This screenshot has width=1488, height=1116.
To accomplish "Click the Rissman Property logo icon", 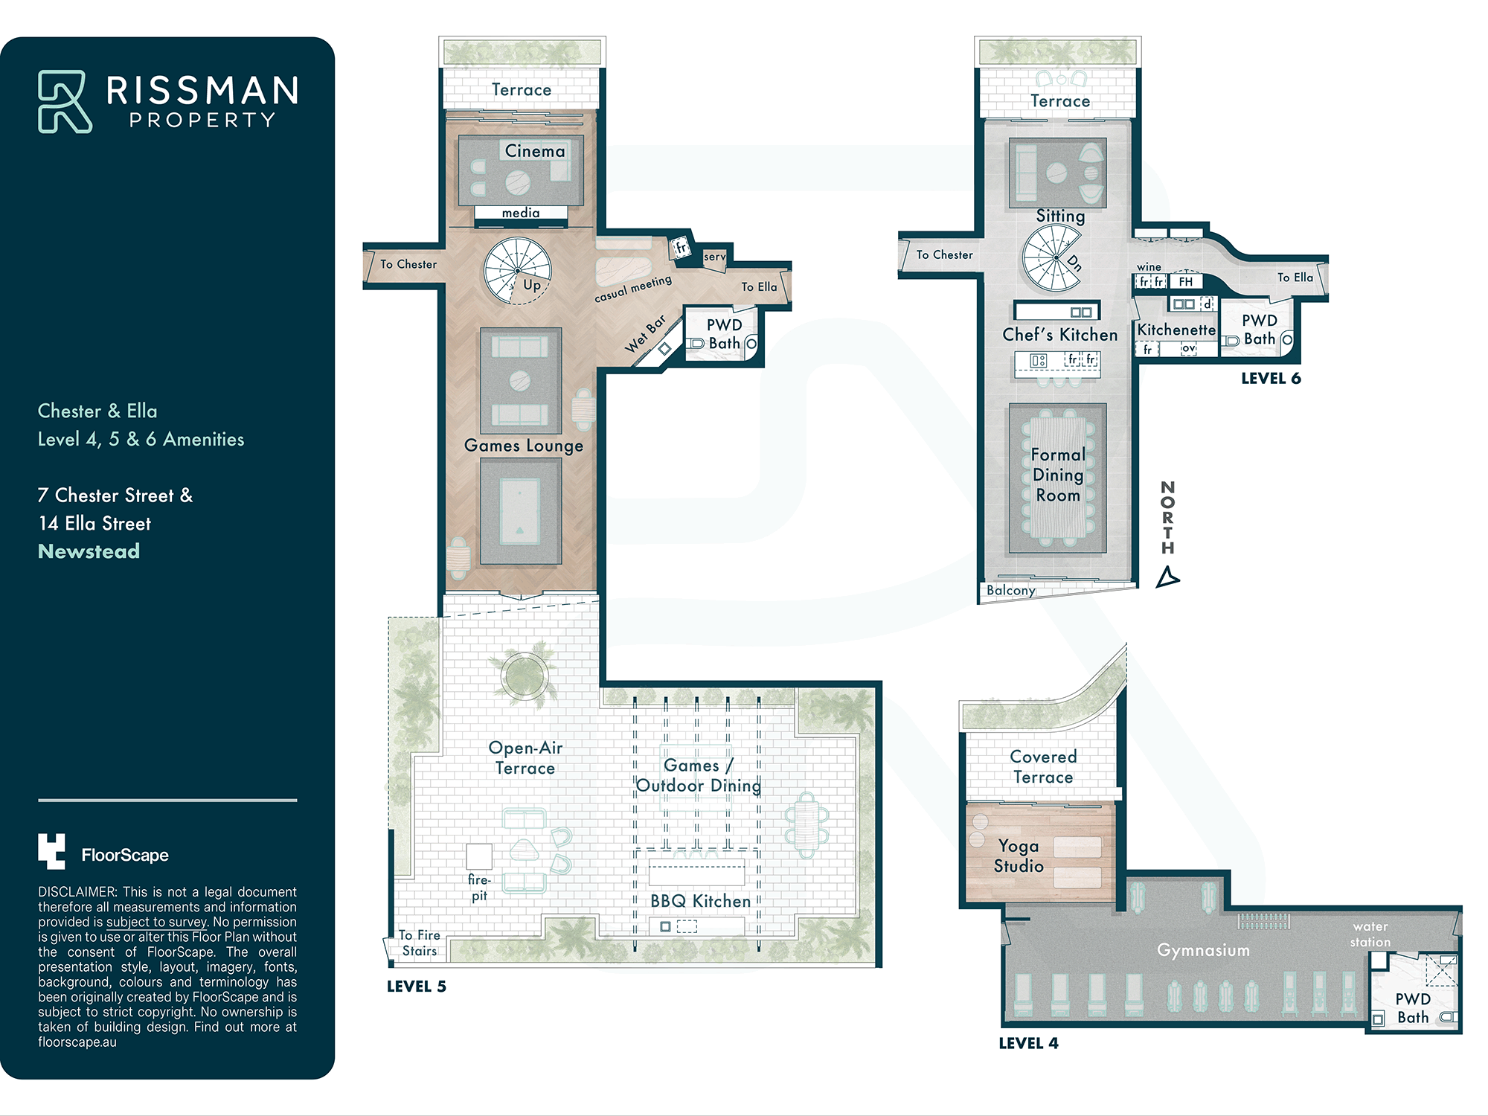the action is coord(65,102).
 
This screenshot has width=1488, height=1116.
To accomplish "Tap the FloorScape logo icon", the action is coord(51,851).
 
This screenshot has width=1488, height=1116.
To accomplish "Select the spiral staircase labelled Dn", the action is coord(1052,258).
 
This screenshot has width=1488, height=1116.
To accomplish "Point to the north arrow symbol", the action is coord(1167,577).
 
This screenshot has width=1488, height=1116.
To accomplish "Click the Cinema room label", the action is coord(535,151).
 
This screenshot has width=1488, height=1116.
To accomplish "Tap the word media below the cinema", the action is coord(521,213).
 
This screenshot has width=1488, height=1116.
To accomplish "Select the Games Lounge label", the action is coord(524,446).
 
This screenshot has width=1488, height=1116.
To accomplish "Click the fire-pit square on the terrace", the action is coord(479,856).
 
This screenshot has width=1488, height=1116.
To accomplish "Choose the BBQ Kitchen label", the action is coord(701,901).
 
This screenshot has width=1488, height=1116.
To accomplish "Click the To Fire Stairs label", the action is coord(420,943).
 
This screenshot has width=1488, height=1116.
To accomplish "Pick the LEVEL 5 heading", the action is coord(417,987).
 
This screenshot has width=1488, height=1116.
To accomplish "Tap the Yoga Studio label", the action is coord(1019,856).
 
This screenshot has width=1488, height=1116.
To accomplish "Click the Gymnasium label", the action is coord(1203,950).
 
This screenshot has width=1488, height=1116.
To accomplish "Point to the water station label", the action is coord(1370,934).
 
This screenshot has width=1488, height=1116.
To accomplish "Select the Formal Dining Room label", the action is coord(1058,475).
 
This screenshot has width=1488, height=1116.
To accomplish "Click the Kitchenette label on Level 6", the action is coord(1176,330).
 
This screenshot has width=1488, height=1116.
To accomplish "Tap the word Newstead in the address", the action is coord(89,551).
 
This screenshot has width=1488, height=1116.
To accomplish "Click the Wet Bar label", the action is coord(645,334).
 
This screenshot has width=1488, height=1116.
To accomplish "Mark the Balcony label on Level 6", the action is coord(1011,590).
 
